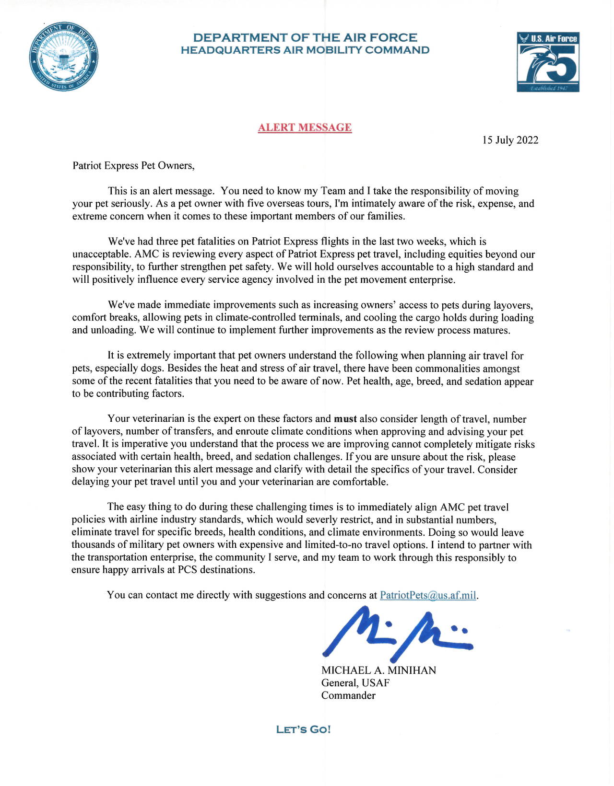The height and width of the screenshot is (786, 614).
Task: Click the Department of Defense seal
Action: pos(64,57)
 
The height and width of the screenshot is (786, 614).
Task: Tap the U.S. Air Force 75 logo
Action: pos(548,62)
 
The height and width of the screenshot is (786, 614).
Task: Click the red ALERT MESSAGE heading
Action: pos(305,127)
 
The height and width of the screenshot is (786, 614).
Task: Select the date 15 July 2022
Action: pos(510,140)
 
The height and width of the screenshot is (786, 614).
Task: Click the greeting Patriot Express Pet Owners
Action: pos(133,166)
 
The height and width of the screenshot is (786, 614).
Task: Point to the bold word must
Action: pos(345,419)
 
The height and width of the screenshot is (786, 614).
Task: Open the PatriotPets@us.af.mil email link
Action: pos(428,595)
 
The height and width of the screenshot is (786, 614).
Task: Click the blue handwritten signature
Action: pos(396,634)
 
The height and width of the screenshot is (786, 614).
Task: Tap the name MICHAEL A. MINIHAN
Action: pos(378,670)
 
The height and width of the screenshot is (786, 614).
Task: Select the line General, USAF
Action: pos(355,683)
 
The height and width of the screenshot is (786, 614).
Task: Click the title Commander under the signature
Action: pos(348,695)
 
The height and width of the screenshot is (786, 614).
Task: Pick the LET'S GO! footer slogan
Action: pos(303,730)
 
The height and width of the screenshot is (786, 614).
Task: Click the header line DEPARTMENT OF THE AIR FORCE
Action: pos(305,37)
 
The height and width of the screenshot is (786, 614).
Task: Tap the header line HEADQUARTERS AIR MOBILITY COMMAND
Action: pos(305,50)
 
